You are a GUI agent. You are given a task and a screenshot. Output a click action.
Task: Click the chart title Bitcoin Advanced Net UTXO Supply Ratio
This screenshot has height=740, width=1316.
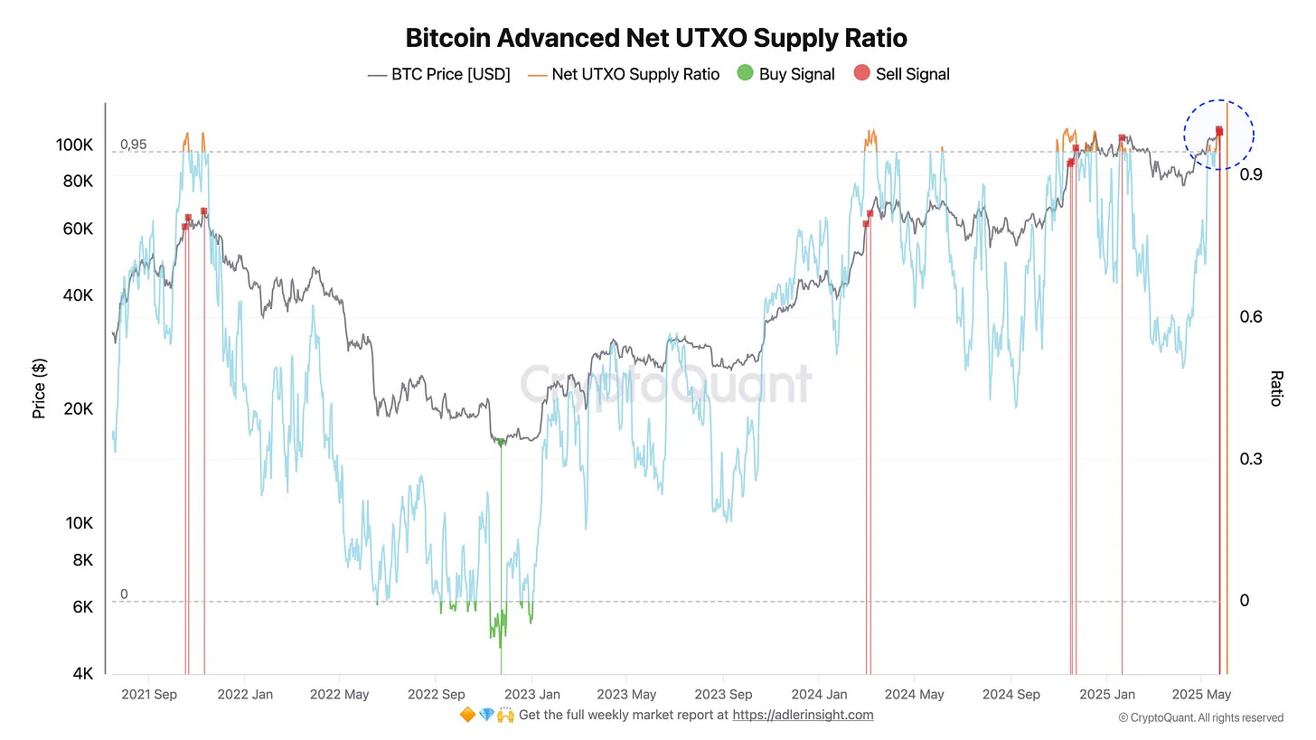tap(656, 39)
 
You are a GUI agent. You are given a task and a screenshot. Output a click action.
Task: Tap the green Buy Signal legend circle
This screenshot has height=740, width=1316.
tap(746, 74)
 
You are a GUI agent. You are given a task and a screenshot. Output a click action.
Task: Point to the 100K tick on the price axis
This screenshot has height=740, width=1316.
tap(74, 145)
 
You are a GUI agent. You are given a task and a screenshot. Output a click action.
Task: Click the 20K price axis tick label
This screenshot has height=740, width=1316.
tap(78, 409)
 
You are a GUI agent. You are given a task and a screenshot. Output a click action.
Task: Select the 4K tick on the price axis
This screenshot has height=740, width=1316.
tap(82, 674)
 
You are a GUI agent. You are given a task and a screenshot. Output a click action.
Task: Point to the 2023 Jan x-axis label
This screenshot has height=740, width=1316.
tap(531, 695)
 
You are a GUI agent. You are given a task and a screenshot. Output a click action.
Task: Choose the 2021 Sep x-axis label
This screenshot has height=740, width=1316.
tap(148, 695)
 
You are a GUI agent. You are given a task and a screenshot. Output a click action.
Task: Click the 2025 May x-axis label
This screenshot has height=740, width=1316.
tap(1201, 695)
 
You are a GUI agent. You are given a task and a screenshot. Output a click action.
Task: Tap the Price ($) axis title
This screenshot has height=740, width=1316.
tap(39, 389)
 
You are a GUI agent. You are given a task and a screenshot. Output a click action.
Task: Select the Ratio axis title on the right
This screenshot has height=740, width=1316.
tap(1276, 389)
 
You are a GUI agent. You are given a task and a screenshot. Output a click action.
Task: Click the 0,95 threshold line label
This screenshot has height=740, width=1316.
tap(133, 145)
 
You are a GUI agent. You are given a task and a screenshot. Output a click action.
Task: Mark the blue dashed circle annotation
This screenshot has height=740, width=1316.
tap(1219, 135)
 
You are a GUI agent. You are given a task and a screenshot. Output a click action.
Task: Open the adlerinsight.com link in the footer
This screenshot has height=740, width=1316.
tap(803, 715)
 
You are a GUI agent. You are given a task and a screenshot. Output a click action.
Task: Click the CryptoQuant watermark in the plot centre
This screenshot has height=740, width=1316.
tap(665, 384)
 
